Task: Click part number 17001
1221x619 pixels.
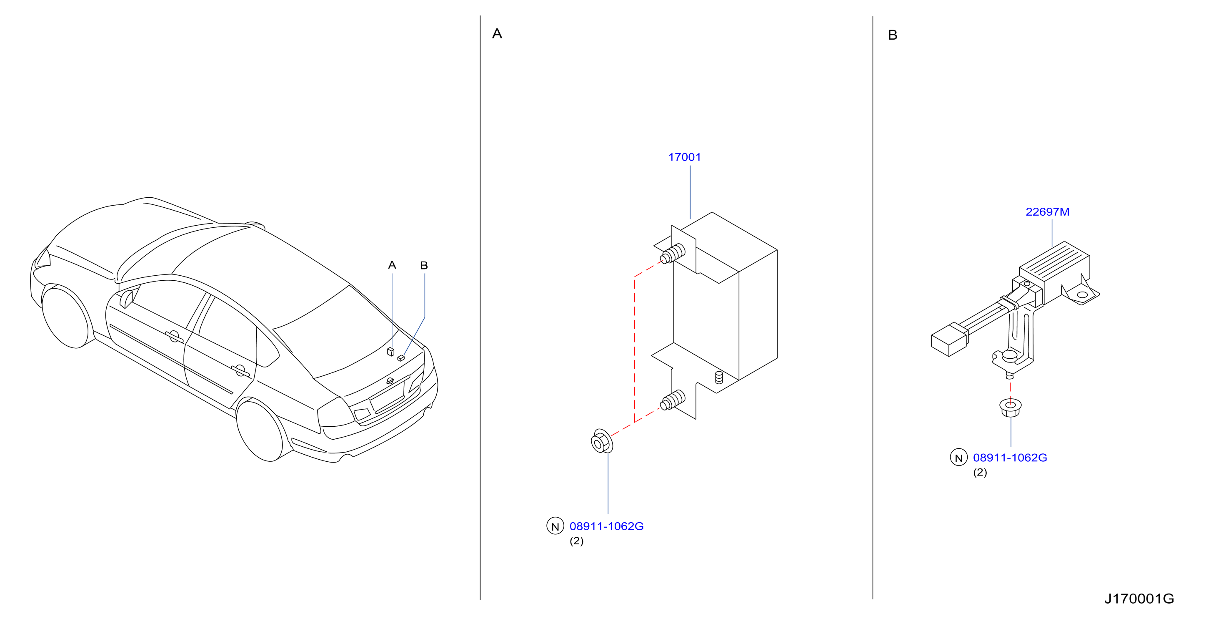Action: (684, 157)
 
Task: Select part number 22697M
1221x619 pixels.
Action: (1047, 212)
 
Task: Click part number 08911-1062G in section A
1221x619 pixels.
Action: (606, 526)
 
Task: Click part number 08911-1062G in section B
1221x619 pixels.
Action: (1010, 458)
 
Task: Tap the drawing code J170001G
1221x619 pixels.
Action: (1139, 599)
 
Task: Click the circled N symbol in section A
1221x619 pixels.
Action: (555, 526)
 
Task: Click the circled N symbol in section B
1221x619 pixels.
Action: (958, 457)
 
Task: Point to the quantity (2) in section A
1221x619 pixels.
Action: (576, 541)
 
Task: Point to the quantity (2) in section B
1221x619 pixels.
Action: (980, 473)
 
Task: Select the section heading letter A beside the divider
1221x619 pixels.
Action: (497, 34)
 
